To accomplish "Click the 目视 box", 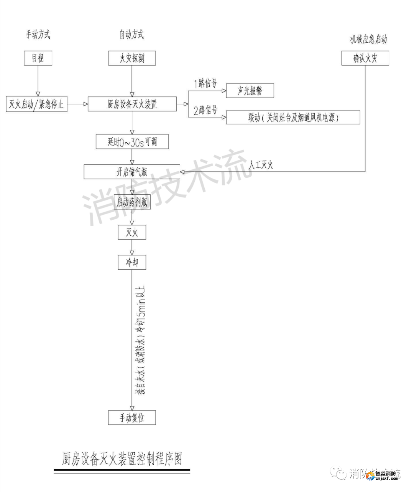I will (38, 58).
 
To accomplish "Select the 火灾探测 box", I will (132, 58).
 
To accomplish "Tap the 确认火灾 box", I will (365, 58).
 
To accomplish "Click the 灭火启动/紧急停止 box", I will (37, 104).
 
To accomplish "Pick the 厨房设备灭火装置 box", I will (132, 104).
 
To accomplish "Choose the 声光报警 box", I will (250, 91).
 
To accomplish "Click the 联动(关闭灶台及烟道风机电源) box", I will (293, 118).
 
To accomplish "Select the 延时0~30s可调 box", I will (132, 142).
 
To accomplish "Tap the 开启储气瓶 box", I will (132, 172).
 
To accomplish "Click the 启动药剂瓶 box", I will (132, 202).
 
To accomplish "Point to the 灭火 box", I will (132, 232).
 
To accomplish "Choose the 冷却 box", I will (132, 262).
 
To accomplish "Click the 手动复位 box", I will (132, 417).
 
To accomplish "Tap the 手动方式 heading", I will (38, 35).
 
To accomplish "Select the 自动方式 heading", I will (131, 35).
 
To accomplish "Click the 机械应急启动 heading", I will (368, 39).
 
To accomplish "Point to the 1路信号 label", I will (205, 83).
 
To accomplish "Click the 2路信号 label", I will (205, 111).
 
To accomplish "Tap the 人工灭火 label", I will (261, 165).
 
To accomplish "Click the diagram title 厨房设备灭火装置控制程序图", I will (122, 459).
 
